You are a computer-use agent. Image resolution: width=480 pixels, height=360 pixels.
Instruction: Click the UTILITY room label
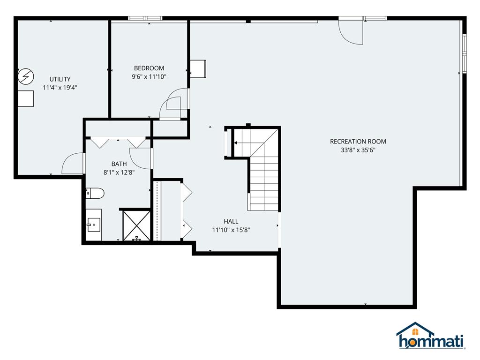tap(60, 79)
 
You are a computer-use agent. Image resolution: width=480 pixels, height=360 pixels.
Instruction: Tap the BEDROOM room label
tap(149, 68)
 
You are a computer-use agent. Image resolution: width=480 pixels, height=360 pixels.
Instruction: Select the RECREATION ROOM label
tap(358, 142)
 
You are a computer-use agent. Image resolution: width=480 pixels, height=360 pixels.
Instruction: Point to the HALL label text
tap(231, 221)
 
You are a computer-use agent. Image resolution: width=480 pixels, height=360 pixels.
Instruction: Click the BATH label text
tap(119, 164)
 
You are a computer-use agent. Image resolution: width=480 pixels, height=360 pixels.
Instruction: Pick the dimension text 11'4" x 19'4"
tap(60, 88)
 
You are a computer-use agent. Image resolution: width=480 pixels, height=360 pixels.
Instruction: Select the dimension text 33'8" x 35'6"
tap(358, 150)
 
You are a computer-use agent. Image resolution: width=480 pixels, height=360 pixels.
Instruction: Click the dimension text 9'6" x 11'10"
tap(149, 76)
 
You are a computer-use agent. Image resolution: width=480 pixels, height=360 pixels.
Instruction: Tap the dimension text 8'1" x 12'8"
tap(119, 172)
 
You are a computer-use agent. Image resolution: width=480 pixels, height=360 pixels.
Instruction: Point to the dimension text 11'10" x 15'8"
tap(231, 230)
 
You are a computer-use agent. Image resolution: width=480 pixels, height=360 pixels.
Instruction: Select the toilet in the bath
tap(95, 194)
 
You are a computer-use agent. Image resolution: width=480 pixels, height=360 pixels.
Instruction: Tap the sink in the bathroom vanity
tap(93, 225)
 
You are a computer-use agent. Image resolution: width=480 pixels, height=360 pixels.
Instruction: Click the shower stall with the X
tap(136, 225)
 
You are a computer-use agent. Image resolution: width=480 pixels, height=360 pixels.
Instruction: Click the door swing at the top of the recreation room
tap(351, 32)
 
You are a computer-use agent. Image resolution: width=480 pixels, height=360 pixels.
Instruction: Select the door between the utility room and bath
tap(73, 163)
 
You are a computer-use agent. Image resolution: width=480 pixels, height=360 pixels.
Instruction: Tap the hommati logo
tap(431, 336)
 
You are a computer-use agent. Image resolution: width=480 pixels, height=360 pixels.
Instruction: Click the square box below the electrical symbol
tap(25, 98)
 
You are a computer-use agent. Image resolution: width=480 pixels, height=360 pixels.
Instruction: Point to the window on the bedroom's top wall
tap(145, 18)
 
